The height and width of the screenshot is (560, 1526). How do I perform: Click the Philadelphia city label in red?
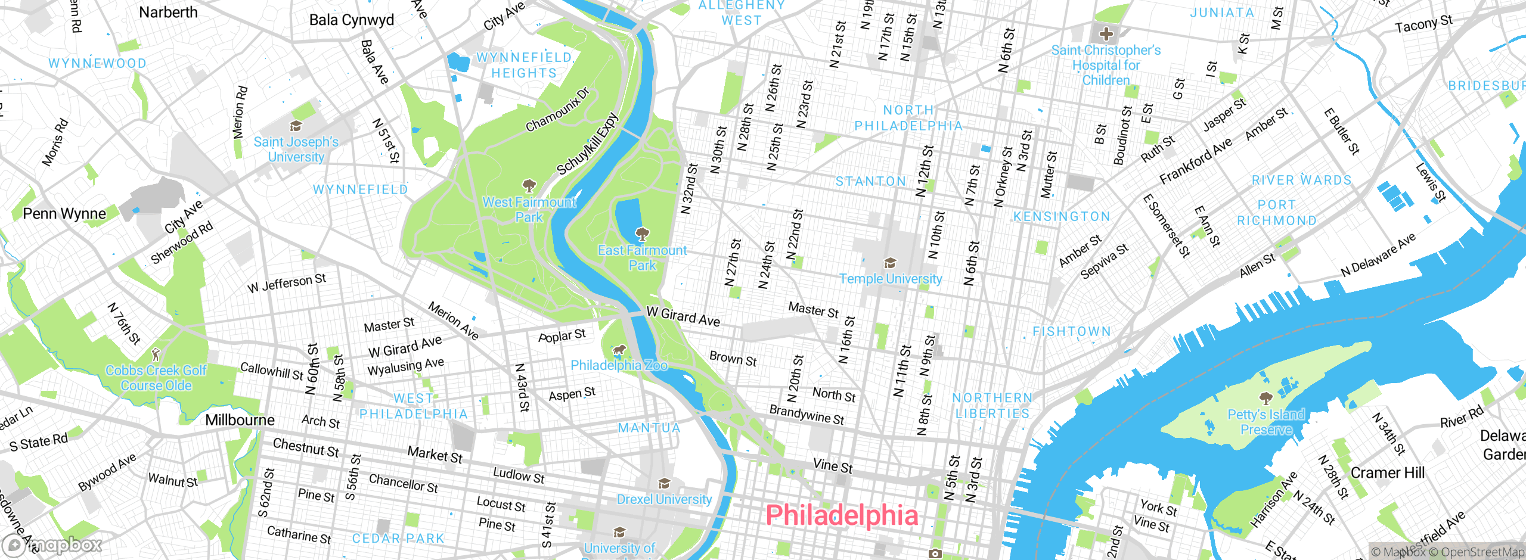point(841,515)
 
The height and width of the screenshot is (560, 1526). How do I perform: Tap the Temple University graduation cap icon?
point(890,263)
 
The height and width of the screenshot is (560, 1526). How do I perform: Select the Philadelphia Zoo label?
point(619,365)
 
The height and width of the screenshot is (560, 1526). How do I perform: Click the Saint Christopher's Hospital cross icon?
point(1106,34)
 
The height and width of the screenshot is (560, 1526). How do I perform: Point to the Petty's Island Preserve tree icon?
point(1266,398)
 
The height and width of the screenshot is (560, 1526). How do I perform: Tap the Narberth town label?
point(168,13)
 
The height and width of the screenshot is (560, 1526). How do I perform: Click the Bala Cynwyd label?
point(352,20)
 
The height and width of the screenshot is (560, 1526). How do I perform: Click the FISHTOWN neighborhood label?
point(1072,332)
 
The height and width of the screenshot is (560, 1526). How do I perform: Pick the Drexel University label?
point(664,499)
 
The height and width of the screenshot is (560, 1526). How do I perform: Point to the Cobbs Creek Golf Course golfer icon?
point(156,354)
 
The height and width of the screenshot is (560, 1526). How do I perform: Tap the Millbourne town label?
point(240,420)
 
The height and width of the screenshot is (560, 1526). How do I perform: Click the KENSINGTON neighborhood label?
point(1062,217)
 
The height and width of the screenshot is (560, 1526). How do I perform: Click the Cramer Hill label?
point(1387,472)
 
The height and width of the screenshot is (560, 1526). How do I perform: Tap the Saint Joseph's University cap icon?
point(296,126)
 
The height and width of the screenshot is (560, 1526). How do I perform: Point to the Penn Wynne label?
point(64,213)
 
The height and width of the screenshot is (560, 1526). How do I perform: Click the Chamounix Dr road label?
point(557,110)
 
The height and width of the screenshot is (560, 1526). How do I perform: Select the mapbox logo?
point(52,545)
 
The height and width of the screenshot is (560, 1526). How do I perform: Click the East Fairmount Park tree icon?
point(642,234)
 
